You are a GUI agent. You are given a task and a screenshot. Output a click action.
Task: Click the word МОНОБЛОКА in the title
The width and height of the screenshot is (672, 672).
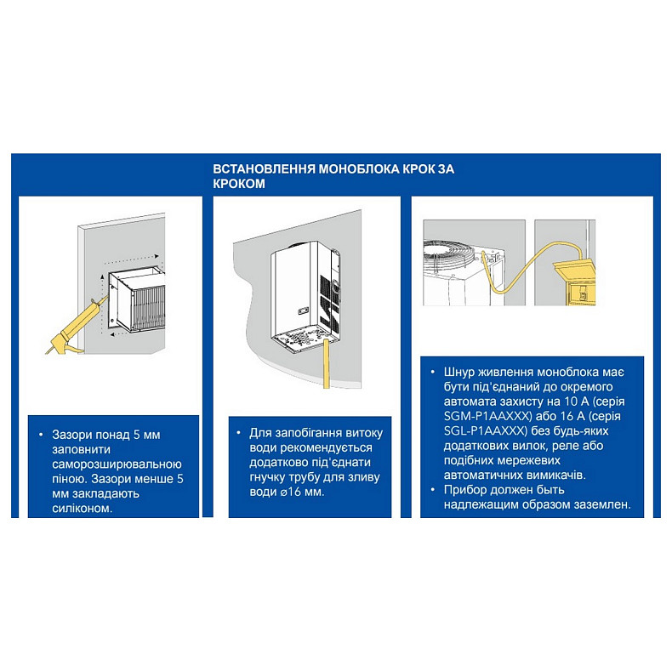(x=359, y=169)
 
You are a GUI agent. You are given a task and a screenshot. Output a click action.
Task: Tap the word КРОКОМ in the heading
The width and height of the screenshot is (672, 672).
(x=239, y=184)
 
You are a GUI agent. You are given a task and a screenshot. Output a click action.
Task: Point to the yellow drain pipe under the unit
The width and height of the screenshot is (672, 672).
(x=327, y=362)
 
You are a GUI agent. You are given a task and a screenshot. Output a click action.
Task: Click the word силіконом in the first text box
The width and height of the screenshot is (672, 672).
(x=82, y=509)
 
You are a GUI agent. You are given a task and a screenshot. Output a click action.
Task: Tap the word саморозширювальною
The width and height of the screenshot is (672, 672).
(x=117, y=464)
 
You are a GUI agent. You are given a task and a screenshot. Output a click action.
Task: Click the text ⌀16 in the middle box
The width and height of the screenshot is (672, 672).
(x=291, y=492)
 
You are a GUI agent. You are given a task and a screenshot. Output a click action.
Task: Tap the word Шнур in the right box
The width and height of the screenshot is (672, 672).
(x=459, y=372)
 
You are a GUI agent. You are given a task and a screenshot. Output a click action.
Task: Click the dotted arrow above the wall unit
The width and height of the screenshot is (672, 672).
(x=132, y=259)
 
